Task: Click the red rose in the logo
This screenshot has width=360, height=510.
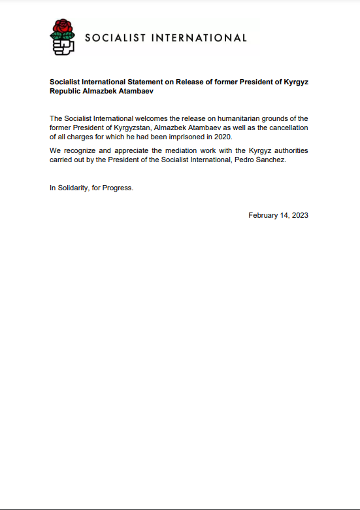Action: pyautogui.click(x=63, y=29)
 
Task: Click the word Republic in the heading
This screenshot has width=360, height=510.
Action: pyautogui.click(x=65, y=92)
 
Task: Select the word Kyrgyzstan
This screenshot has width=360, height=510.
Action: pyautogui.click(x=132, y=127)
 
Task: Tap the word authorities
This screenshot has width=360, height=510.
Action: pyautogui.click(x=287, y=150)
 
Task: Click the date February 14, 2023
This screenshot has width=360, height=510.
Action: pyautogui.click(x=278, y=215)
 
